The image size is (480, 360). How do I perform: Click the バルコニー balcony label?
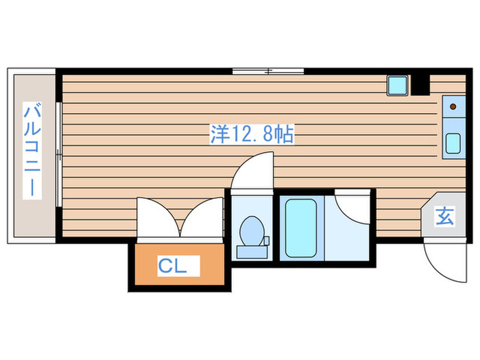pos(32,150)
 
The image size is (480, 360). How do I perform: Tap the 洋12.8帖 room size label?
pos(252,134)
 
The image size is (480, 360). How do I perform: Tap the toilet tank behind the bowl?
pos(250,251)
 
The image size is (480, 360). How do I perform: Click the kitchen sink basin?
pos(453,143)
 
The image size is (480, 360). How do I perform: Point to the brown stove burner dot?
pos(453,107)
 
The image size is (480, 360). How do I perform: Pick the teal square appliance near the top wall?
pos(397,85)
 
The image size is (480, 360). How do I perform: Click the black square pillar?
pos(420,84)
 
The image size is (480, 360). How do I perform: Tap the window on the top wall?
pos(267,71)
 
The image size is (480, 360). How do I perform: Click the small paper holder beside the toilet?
pos(267,241)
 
